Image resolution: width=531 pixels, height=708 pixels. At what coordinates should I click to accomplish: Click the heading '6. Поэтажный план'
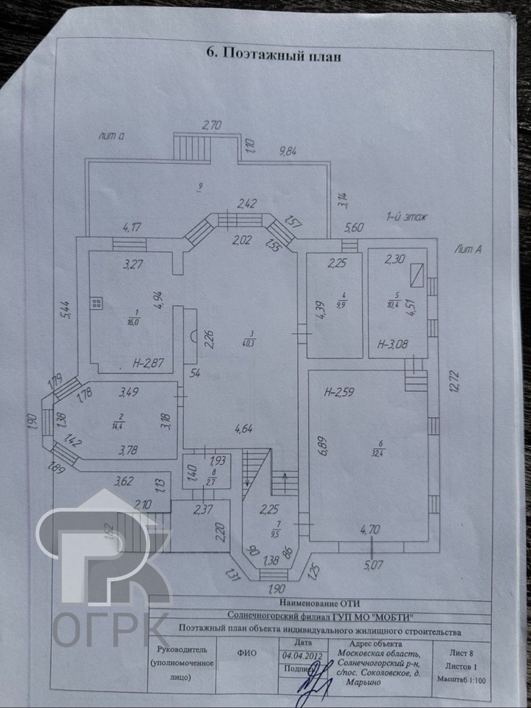pos(273,55)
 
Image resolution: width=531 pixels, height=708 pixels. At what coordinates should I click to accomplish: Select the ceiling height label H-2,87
pos(149,363)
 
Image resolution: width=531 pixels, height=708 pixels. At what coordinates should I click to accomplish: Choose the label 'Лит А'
pos(468,249)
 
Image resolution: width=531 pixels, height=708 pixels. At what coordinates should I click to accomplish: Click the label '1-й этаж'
pos(407,217)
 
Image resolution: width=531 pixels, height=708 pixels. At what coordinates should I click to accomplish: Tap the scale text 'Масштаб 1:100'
pos(461,680)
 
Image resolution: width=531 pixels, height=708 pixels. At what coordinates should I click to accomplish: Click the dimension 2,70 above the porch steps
pos(211,125)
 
